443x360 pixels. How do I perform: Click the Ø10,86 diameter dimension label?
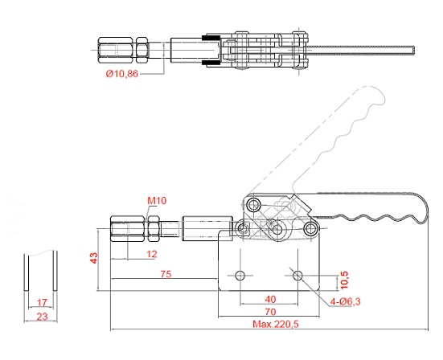[x=122, y=74]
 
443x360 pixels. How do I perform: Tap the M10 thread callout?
[x=157, y=201]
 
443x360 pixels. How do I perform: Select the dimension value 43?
[x=93, y=258]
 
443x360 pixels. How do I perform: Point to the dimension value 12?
[x=152, y=254]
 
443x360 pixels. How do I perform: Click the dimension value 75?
[x=166, y=274]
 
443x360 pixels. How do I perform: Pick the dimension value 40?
[x=270, y=299]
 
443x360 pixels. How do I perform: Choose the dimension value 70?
[x=270, y=312]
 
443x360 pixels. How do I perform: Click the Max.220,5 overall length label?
[x=276, y=324]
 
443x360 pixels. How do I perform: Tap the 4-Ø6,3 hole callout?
[x=345, y=301]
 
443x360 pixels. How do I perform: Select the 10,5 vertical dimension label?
[x=344, y=280]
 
